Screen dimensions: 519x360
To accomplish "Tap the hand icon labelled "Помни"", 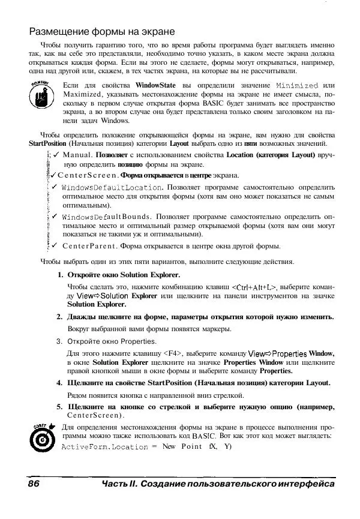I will (41, 93).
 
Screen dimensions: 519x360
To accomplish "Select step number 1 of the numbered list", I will (61, 274).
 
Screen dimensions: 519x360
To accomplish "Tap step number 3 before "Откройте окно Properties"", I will (60, 341).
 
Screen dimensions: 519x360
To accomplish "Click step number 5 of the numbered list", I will (60, 407).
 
